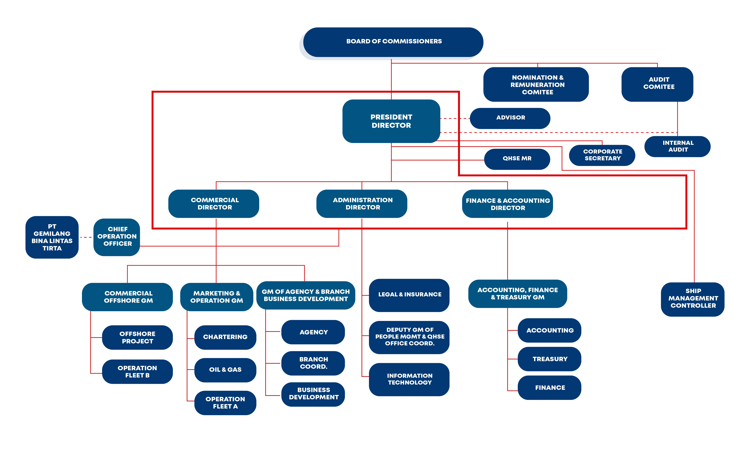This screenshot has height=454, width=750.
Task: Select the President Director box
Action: click(x=391, y=121)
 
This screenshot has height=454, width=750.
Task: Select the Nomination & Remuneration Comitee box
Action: click(x=536, y=85)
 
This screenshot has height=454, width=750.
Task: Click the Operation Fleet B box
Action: click(x=137, y=372)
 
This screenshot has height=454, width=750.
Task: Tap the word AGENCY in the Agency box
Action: click(x=314, y=332)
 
